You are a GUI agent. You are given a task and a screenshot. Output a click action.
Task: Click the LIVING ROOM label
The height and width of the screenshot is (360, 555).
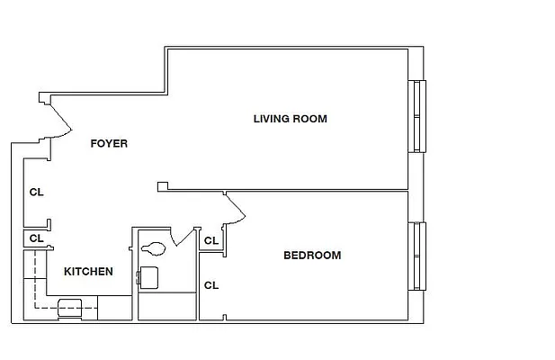point(290,119)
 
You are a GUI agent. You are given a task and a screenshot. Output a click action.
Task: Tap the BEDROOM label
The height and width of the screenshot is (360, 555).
point(312,256)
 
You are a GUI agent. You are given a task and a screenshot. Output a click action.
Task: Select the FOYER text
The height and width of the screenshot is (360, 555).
point(109,143)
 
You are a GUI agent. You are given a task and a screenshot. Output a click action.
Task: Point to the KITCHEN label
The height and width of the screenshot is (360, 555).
point(87,271)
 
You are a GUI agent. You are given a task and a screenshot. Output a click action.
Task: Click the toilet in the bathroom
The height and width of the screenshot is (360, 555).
point(152,246)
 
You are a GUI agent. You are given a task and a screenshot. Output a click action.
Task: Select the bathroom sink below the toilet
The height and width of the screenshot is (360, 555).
point(148,275)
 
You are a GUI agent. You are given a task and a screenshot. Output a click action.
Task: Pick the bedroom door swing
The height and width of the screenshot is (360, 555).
point(236,210)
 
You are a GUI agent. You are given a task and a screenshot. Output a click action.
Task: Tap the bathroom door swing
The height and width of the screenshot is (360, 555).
point(185,236)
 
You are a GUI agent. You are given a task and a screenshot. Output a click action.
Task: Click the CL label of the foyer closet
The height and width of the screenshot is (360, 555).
point(36,192)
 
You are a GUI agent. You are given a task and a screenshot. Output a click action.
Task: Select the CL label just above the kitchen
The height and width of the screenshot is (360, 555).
point(36,238)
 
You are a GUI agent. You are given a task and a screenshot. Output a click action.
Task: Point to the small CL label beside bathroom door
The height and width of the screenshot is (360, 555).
point(210,240)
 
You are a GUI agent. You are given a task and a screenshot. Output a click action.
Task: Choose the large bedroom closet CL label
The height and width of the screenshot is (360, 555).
point(211,285)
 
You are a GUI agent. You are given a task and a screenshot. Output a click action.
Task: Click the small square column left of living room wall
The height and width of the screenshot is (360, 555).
point(162,186)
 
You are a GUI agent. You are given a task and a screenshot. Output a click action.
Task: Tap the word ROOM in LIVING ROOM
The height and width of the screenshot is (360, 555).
point(310,119)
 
